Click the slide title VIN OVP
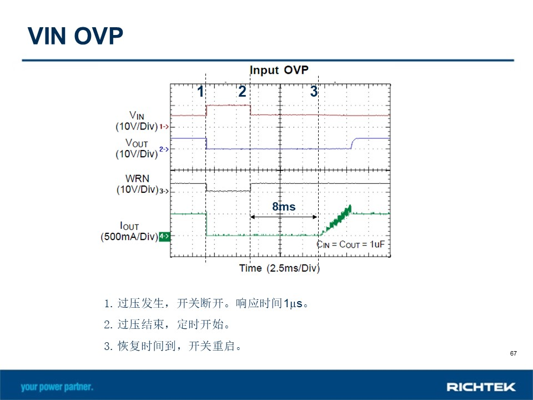click(x=75, y=36)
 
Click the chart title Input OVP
click(x=279, y=70)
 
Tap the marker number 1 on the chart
click(x=200, y=91)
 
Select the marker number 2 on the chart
click(x=242, y=91)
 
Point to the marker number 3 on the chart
click(x=314, y=91)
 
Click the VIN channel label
click(x=137, y=115)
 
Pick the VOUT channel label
click(x=137, y=143)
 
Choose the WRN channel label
click(x=137, y=178)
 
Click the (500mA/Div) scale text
click(x=129, y=237)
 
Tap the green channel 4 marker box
click(x=164, y=236)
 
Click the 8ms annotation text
click(x=284, y=207)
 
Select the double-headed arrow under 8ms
click(x=284, y=217)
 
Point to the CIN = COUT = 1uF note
click(x=351, y=244)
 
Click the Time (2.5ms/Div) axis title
click(x=279, y=268)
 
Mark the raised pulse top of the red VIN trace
click(x=228, y=106)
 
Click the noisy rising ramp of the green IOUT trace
click(x=336, y=221)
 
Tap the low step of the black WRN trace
click(x=228, y=191)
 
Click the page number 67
click(x=513, y=353)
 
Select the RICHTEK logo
click(x=481, y=387)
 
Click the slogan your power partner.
click(x=57, y=387)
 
